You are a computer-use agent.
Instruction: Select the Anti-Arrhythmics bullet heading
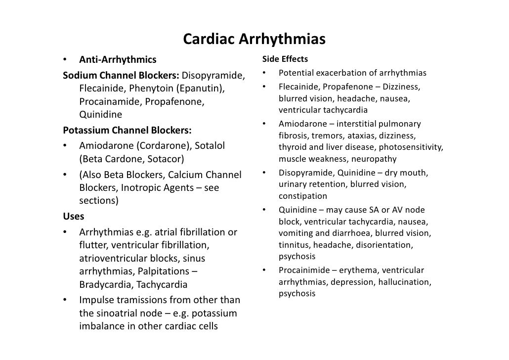click(118, 60)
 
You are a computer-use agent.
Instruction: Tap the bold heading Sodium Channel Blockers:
click(121, 76)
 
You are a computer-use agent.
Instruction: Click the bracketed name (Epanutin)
click(201, 89)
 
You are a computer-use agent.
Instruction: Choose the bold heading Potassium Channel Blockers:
click(127, 131)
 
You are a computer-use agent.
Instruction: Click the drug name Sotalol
click(210, 146)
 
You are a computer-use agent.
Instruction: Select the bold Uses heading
click(74, 217)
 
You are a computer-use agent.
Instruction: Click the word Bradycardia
click(105, 285)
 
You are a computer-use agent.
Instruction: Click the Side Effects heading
click(285, 60)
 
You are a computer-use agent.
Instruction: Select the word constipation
click(303, 196)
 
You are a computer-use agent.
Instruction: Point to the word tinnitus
click(294, 245)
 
